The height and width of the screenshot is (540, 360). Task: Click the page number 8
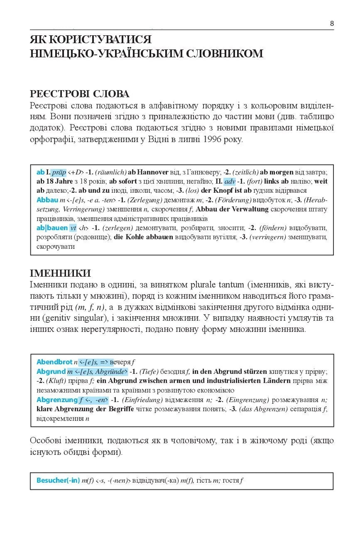click(332, 23)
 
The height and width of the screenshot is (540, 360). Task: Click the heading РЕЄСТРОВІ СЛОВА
click(80, 94)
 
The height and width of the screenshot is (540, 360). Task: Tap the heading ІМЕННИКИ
click(61, 273)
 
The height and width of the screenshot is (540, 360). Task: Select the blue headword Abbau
click(47, 199)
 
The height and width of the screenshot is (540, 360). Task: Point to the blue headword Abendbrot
click(54, 362)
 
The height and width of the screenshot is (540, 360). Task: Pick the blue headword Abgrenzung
click(57, 400)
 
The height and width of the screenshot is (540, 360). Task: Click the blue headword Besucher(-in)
click(58, 481)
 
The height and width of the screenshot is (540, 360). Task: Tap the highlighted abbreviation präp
click(59, 172)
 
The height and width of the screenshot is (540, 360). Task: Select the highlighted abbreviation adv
click(230, 182)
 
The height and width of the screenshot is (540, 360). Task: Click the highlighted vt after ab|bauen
click(73, 228)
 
